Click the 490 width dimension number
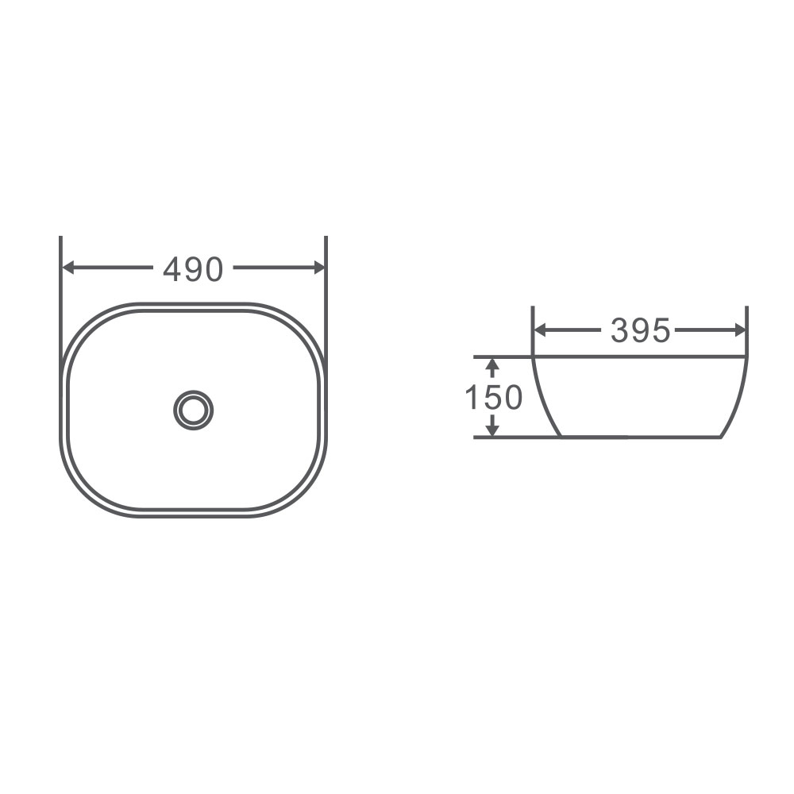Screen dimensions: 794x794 193,270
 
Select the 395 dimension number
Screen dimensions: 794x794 640,331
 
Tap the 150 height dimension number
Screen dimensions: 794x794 493,397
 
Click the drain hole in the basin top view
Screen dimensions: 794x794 193,410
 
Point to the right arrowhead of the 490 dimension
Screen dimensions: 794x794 319,268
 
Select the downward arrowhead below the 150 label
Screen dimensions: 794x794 492,429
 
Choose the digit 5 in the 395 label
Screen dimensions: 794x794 661,331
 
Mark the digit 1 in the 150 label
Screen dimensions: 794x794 471,397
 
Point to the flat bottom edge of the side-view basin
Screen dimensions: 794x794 639,437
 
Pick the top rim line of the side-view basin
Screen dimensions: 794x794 639,357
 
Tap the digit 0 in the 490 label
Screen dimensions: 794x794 214,270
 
